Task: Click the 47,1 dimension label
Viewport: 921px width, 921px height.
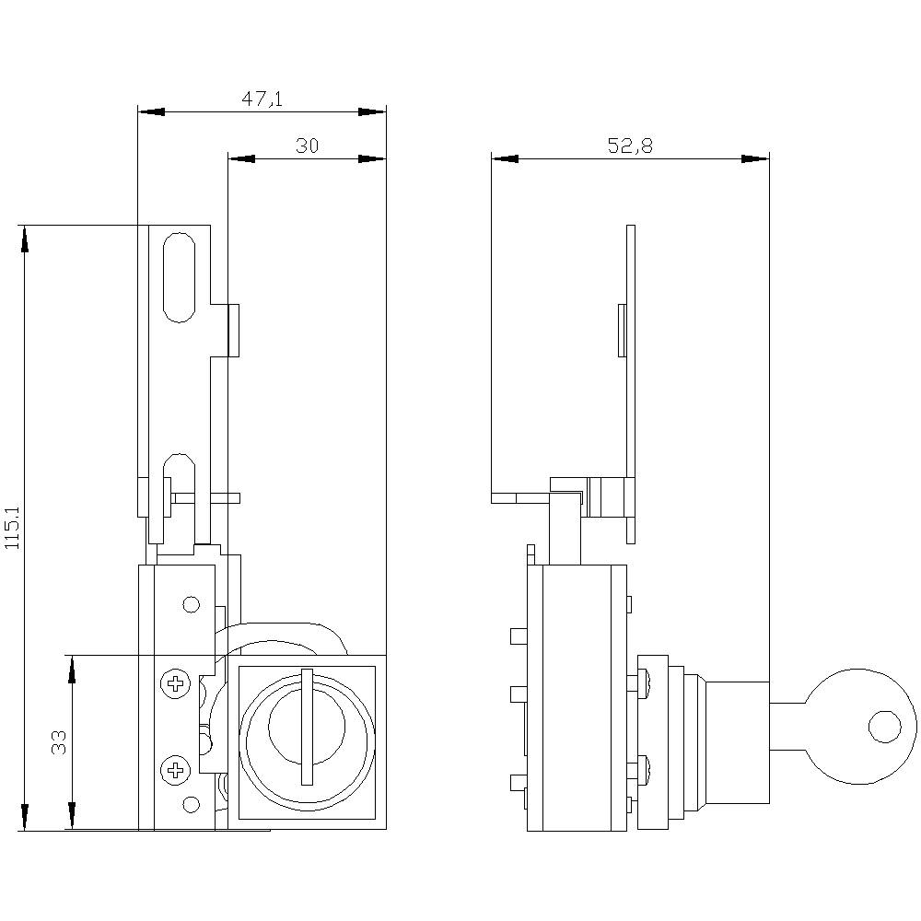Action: pos(262,99)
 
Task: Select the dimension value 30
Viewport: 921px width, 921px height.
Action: pos(307,146)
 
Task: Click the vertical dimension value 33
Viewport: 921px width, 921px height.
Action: pos(59,742)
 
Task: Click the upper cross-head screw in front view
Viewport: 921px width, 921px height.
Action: pos(173,683)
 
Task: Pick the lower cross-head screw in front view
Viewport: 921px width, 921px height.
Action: pos(173,769)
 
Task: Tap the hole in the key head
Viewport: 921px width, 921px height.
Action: pos(884,727)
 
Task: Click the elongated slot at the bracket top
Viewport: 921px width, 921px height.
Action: pos(179,277)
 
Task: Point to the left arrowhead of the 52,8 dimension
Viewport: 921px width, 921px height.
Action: pos(505,158)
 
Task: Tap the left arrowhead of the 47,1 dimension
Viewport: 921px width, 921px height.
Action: pos(151,111)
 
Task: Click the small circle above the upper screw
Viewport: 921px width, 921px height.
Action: pos(191,605)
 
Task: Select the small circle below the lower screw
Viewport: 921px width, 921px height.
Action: pos(191,805)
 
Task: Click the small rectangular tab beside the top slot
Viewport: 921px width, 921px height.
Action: pos(234,331)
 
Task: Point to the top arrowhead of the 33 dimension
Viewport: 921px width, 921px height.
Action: pos(72,670)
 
